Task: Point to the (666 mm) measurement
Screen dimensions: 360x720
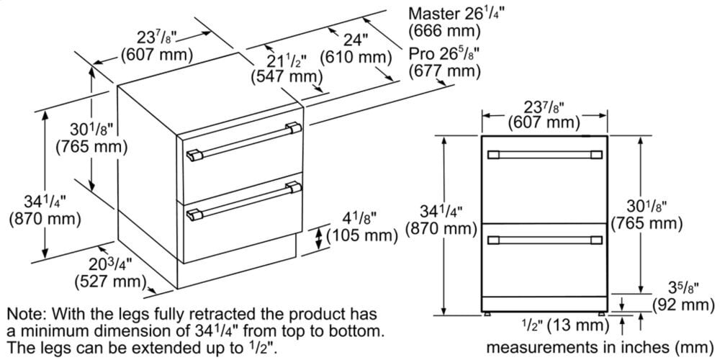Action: pos(444,32)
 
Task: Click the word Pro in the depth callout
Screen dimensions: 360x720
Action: pos(422,53)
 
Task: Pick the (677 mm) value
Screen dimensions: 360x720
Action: pos(444,71)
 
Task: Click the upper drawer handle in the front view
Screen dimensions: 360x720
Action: pos(545,155)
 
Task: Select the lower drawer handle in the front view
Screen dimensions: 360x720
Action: pos(545,238)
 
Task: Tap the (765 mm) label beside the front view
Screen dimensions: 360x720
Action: pos(646,223)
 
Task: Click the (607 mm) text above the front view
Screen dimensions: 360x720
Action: pos(544,123)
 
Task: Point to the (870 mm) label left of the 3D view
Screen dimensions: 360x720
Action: pos(40,219)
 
